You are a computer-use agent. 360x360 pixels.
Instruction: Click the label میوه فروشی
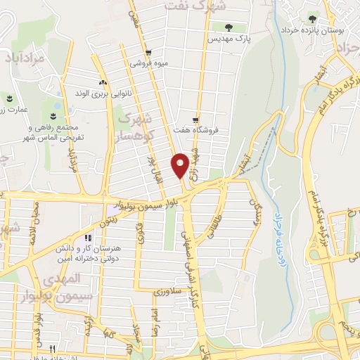[148, 64]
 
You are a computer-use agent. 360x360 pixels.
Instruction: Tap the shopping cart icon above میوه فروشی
[148, 53]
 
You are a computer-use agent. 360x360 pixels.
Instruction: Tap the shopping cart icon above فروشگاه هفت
[196, 120]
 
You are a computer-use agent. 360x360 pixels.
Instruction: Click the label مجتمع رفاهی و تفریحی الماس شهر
[55, 133]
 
